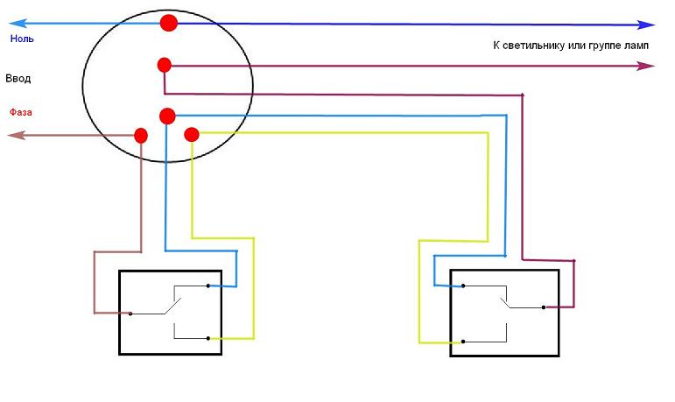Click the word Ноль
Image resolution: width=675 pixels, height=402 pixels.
click(22, 39)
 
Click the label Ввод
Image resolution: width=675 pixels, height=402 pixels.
click(18, 79)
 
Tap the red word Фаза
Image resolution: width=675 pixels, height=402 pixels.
click(22, 113)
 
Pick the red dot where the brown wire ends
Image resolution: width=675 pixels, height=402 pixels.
click(140, 135)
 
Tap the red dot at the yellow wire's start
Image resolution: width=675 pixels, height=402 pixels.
click(193, 134)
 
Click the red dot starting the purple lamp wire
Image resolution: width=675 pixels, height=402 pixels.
click(164, 64)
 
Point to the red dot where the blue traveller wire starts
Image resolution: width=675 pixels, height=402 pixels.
click(167, 116)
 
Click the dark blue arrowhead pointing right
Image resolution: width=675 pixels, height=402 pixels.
click(648, 25)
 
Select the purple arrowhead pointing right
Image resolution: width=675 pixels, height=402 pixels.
click(648, 66)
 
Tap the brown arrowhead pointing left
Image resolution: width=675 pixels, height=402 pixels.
click(14, 135)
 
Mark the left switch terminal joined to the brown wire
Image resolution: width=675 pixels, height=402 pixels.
click(130, 313)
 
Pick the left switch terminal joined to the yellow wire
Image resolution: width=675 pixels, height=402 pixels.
click(208, 338)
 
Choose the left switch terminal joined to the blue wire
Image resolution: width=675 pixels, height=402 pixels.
click(208, 286)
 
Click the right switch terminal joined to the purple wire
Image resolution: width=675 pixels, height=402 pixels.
click(544, 307)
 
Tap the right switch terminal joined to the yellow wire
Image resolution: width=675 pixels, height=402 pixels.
click(463, 341)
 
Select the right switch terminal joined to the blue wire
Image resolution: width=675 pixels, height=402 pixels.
click(463, 286)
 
